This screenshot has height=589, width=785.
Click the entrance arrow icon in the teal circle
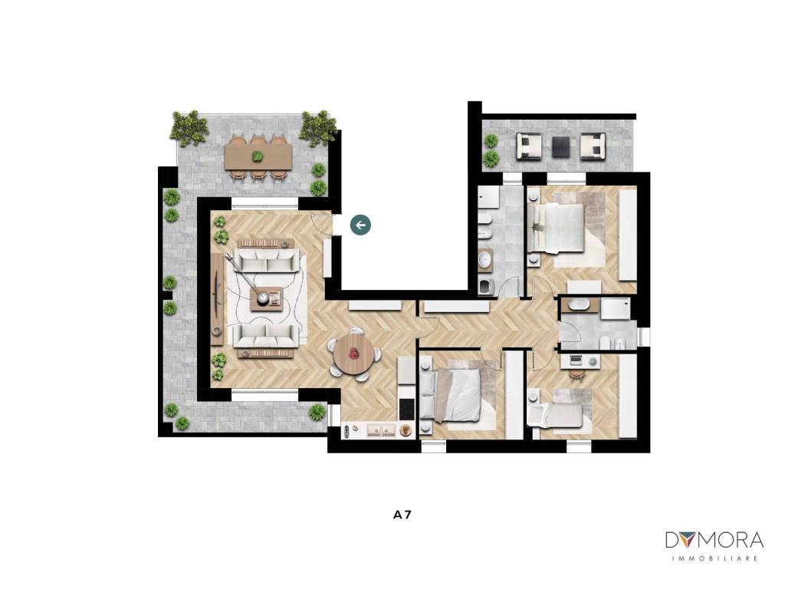pos(360,225)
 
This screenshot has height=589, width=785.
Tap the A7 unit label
pos(402,515)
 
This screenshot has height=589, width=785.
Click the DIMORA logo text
pos(714,540)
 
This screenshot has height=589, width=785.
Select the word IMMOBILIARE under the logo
pos(714,558)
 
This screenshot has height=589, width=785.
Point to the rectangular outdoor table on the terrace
pos(258,156)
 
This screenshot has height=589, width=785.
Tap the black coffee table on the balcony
pos(560,146)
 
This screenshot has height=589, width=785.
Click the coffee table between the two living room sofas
pos(267,299)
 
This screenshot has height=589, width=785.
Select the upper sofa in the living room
pos(267,261)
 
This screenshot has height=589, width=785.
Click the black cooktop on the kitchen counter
pos(406,410)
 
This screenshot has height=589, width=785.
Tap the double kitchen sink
pos(381,430)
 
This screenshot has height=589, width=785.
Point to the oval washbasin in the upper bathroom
pos(485,259)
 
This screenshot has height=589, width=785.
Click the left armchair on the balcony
pos(529,146)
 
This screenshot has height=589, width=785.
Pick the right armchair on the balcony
pos(593,146)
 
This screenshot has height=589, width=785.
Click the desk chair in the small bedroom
pos(576,374)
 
